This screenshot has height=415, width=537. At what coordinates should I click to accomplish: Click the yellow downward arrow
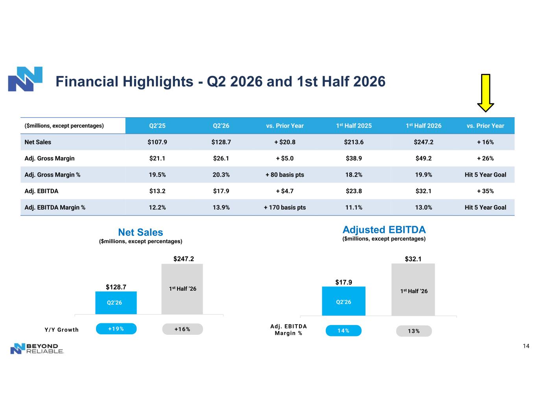(485, 93)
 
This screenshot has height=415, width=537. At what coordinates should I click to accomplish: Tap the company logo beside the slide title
(25, 79)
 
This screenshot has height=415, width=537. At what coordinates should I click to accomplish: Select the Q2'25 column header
(157, 126)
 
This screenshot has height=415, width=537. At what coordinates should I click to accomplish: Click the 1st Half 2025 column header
(354, 126)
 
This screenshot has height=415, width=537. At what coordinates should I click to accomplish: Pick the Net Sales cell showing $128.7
(221, 142)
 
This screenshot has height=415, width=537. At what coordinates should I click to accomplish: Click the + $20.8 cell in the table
(285, 142)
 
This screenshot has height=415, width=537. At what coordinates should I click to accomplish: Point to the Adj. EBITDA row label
(41, 191)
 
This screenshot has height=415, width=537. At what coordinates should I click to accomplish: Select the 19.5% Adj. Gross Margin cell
(157, 175)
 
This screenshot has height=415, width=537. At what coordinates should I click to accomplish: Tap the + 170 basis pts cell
(285, 208)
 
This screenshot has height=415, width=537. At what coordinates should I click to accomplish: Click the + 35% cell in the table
(485, 191)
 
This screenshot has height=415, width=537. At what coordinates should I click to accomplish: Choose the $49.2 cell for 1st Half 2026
(423, 159)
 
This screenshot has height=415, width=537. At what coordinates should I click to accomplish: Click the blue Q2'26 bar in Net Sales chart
(116, 303)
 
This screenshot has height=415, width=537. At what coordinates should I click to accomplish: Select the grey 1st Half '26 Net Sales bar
(182, 289)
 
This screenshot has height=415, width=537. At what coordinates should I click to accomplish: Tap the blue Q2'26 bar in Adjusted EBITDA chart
(343, 301)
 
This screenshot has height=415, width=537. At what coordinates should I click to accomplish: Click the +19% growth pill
(116, 329)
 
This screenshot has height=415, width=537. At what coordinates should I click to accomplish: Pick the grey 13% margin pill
(414, 331)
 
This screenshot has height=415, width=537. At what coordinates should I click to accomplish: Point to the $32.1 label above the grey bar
(413, 259)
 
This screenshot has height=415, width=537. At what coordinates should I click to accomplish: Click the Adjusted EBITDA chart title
(384, 230)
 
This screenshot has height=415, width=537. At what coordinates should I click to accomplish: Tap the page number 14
(526, 346)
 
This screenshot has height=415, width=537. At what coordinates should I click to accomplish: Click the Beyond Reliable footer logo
(37, 349)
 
